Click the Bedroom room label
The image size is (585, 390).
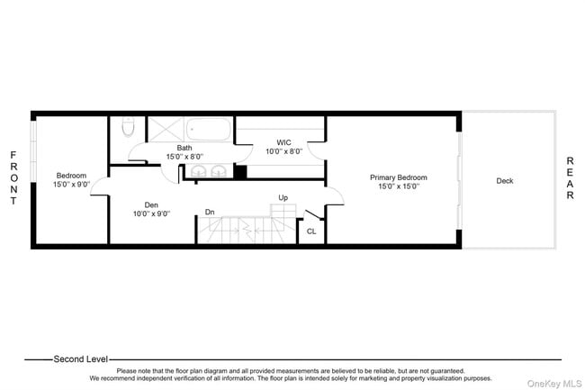[x=71, y=176]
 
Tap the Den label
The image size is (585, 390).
[x=151, y=204]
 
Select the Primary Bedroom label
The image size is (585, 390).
[x=399, y=177]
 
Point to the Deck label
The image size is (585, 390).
[x=505, y=181]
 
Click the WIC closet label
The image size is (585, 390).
[x=283, y=142]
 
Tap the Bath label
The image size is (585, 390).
[x=184, y=148]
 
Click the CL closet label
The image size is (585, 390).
[x=311, y=231]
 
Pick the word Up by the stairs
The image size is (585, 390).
[x=283, y=197]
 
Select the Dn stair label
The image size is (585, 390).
[x=210, y=213]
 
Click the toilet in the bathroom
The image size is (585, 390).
[x=128, y=125]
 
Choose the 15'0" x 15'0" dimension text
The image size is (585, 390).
[x=399, y=187]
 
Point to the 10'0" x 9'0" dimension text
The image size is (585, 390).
[x=151, y=213]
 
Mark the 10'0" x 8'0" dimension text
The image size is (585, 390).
[x=283, y=151]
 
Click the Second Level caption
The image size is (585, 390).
[x=82, y=358]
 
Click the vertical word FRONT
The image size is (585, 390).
[x=13, y=178]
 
